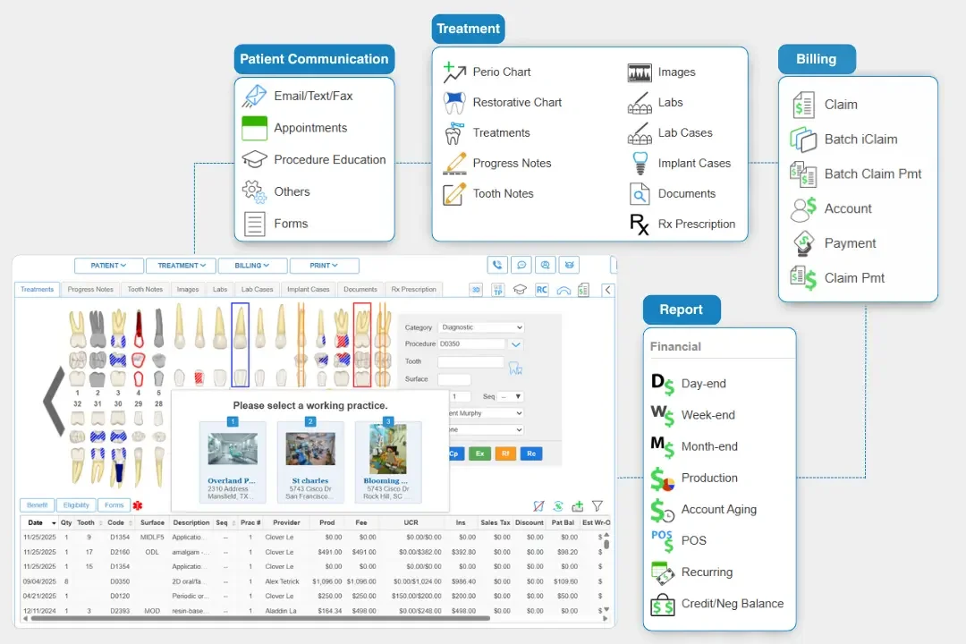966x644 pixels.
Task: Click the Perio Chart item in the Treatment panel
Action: point(501,72)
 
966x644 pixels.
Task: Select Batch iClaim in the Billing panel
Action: point(860,140)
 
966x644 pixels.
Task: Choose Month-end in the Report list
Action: point(709,446)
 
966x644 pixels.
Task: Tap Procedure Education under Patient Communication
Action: point(329,160)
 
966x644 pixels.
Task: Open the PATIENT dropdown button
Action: point(108,266)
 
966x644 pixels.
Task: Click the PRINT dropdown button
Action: point(324,266)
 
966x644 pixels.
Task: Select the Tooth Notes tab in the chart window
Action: point(145,290)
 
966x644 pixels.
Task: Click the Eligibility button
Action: point(76,505)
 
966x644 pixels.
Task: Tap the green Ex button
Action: point(480,453)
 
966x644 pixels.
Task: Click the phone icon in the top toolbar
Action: point(497,265)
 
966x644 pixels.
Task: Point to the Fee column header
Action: point(360,522)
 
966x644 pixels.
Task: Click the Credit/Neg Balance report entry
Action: point(732,604)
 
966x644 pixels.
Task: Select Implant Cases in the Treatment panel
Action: point(694,164)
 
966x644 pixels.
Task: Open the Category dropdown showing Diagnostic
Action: point(481,327)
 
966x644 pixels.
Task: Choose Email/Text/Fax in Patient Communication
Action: point(313,96)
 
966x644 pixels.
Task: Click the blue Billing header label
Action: point(816,59)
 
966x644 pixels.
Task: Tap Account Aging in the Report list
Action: point(718,510)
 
